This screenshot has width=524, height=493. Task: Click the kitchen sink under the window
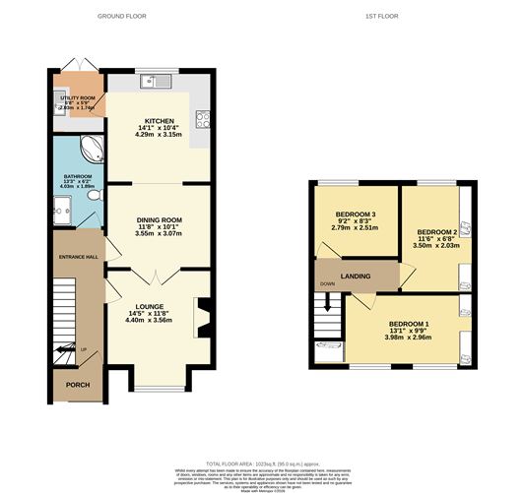pyautogui.click(x=152, y=82)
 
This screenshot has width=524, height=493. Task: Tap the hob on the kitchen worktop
pyautogui.click(x=205, y=119)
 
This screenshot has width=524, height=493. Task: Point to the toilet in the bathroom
pyautogui.click(x=93, y=197)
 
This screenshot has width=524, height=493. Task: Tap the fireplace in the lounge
pyautogui.click(x=203, y=317)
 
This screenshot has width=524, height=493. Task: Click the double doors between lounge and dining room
pyautogui.click(x=157, y=272)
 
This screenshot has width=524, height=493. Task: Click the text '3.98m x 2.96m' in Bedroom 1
pyautogui.click(x=407, y=336)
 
